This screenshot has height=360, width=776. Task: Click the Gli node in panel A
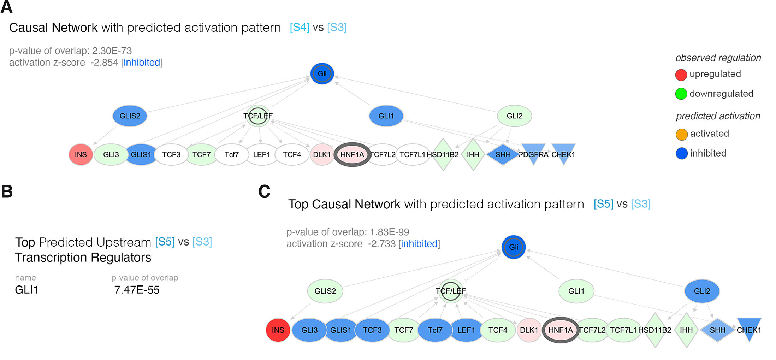pyautogui.click(x=322, y=73)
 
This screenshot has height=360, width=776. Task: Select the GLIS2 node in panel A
pyautogui.click(x=130, y=116)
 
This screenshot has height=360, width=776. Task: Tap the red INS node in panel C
pyautogui.click(x=278, y=330)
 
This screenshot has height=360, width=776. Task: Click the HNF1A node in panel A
pyautogui.click(x=352, y=154)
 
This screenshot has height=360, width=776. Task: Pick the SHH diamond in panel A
pyautogui.click(x=503, y=154)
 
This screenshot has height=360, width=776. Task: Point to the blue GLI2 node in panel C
pyautogui.click(x=702, y=291)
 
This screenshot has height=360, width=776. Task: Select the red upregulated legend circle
pyautogui.click(x=681, y=75)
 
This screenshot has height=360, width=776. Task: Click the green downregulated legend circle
pyautogui.click(x=681, y=94)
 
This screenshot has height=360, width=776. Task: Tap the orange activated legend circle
pyautogui.click(x=681, y=134)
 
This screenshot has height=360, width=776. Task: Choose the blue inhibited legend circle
pyautogui.click(x=681, y=154)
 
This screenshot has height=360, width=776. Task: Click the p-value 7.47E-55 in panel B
pyautogui.click(x=137, y=290)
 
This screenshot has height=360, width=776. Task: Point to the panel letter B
pyautogui.click(x=7, y=191)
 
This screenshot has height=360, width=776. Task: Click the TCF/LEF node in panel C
pyautogui.click(x=451, y=291)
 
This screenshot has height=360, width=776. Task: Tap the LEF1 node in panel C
pyautogui.click(x=466, y=330)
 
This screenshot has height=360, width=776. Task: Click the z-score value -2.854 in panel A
pyautogui.click(x=104, y=63)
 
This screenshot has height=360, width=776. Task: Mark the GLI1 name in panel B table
pyautogui.click(x=26, y=290)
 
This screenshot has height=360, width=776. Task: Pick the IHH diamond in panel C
pyautogui.click(x=686, y=330)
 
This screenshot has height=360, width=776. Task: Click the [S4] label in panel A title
pyautogui.click(x=300, y=28)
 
